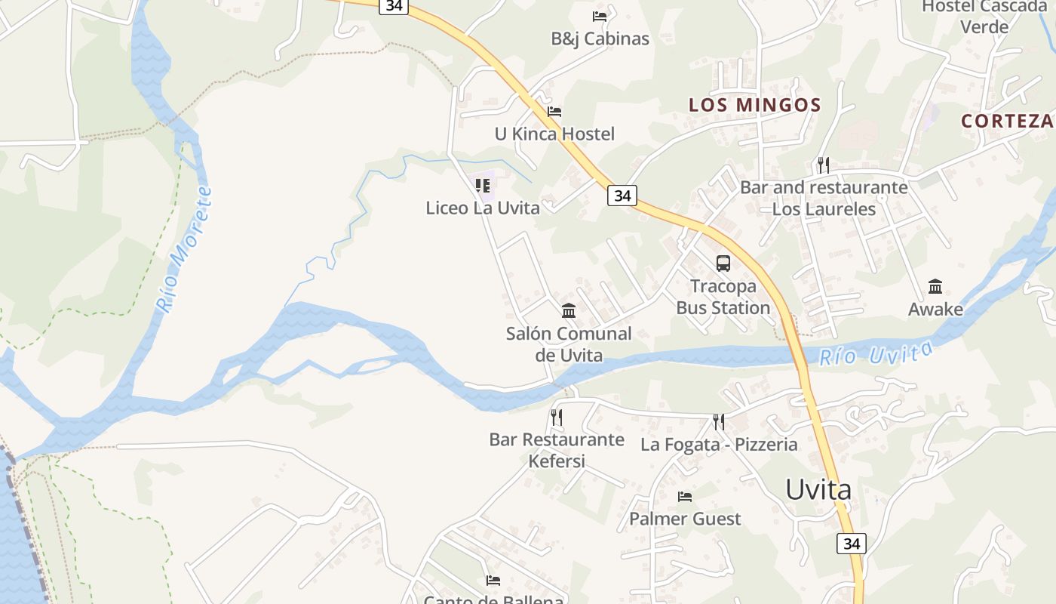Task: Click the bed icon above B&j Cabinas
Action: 600,16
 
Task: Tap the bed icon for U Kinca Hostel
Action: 554,112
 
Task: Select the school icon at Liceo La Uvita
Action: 483,185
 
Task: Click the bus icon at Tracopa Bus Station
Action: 723,263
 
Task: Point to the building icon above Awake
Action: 935,287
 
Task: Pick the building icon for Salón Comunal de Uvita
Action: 569,310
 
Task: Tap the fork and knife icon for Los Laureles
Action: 823,165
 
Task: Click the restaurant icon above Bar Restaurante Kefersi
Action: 557,417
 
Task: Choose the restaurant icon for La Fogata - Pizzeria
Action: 719,421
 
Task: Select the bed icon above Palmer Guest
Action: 685,496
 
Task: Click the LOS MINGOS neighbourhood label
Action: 754,105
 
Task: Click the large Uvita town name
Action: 818,489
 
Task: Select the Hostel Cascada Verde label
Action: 984,17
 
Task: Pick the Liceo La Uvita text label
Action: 483,208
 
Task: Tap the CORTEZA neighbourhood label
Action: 1008,121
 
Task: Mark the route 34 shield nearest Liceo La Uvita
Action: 622,196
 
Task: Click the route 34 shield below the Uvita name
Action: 852,543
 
